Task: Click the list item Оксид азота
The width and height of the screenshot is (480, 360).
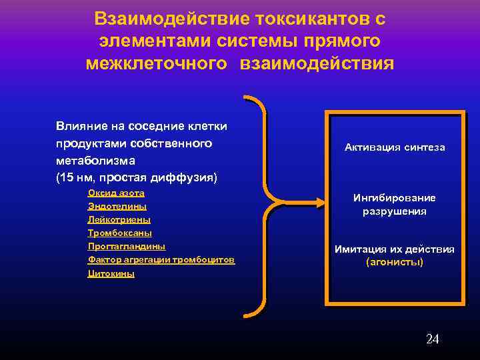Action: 116,193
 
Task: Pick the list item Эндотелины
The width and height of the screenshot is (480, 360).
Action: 117,207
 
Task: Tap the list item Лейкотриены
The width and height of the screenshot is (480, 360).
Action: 119,219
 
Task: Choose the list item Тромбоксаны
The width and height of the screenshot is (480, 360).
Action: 120,233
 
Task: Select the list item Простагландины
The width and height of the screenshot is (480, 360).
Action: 127,246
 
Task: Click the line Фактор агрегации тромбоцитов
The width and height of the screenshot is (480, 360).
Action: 161,259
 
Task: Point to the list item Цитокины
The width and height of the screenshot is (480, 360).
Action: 111,273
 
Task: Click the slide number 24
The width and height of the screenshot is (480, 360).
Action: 432,339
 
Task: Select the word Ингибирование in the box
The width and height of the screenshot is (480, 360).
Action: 395,198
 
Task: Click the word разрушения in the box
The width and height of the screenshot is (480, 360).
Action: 395,211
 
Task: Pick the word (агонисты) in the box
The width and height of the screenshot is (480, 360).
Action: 395,262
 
